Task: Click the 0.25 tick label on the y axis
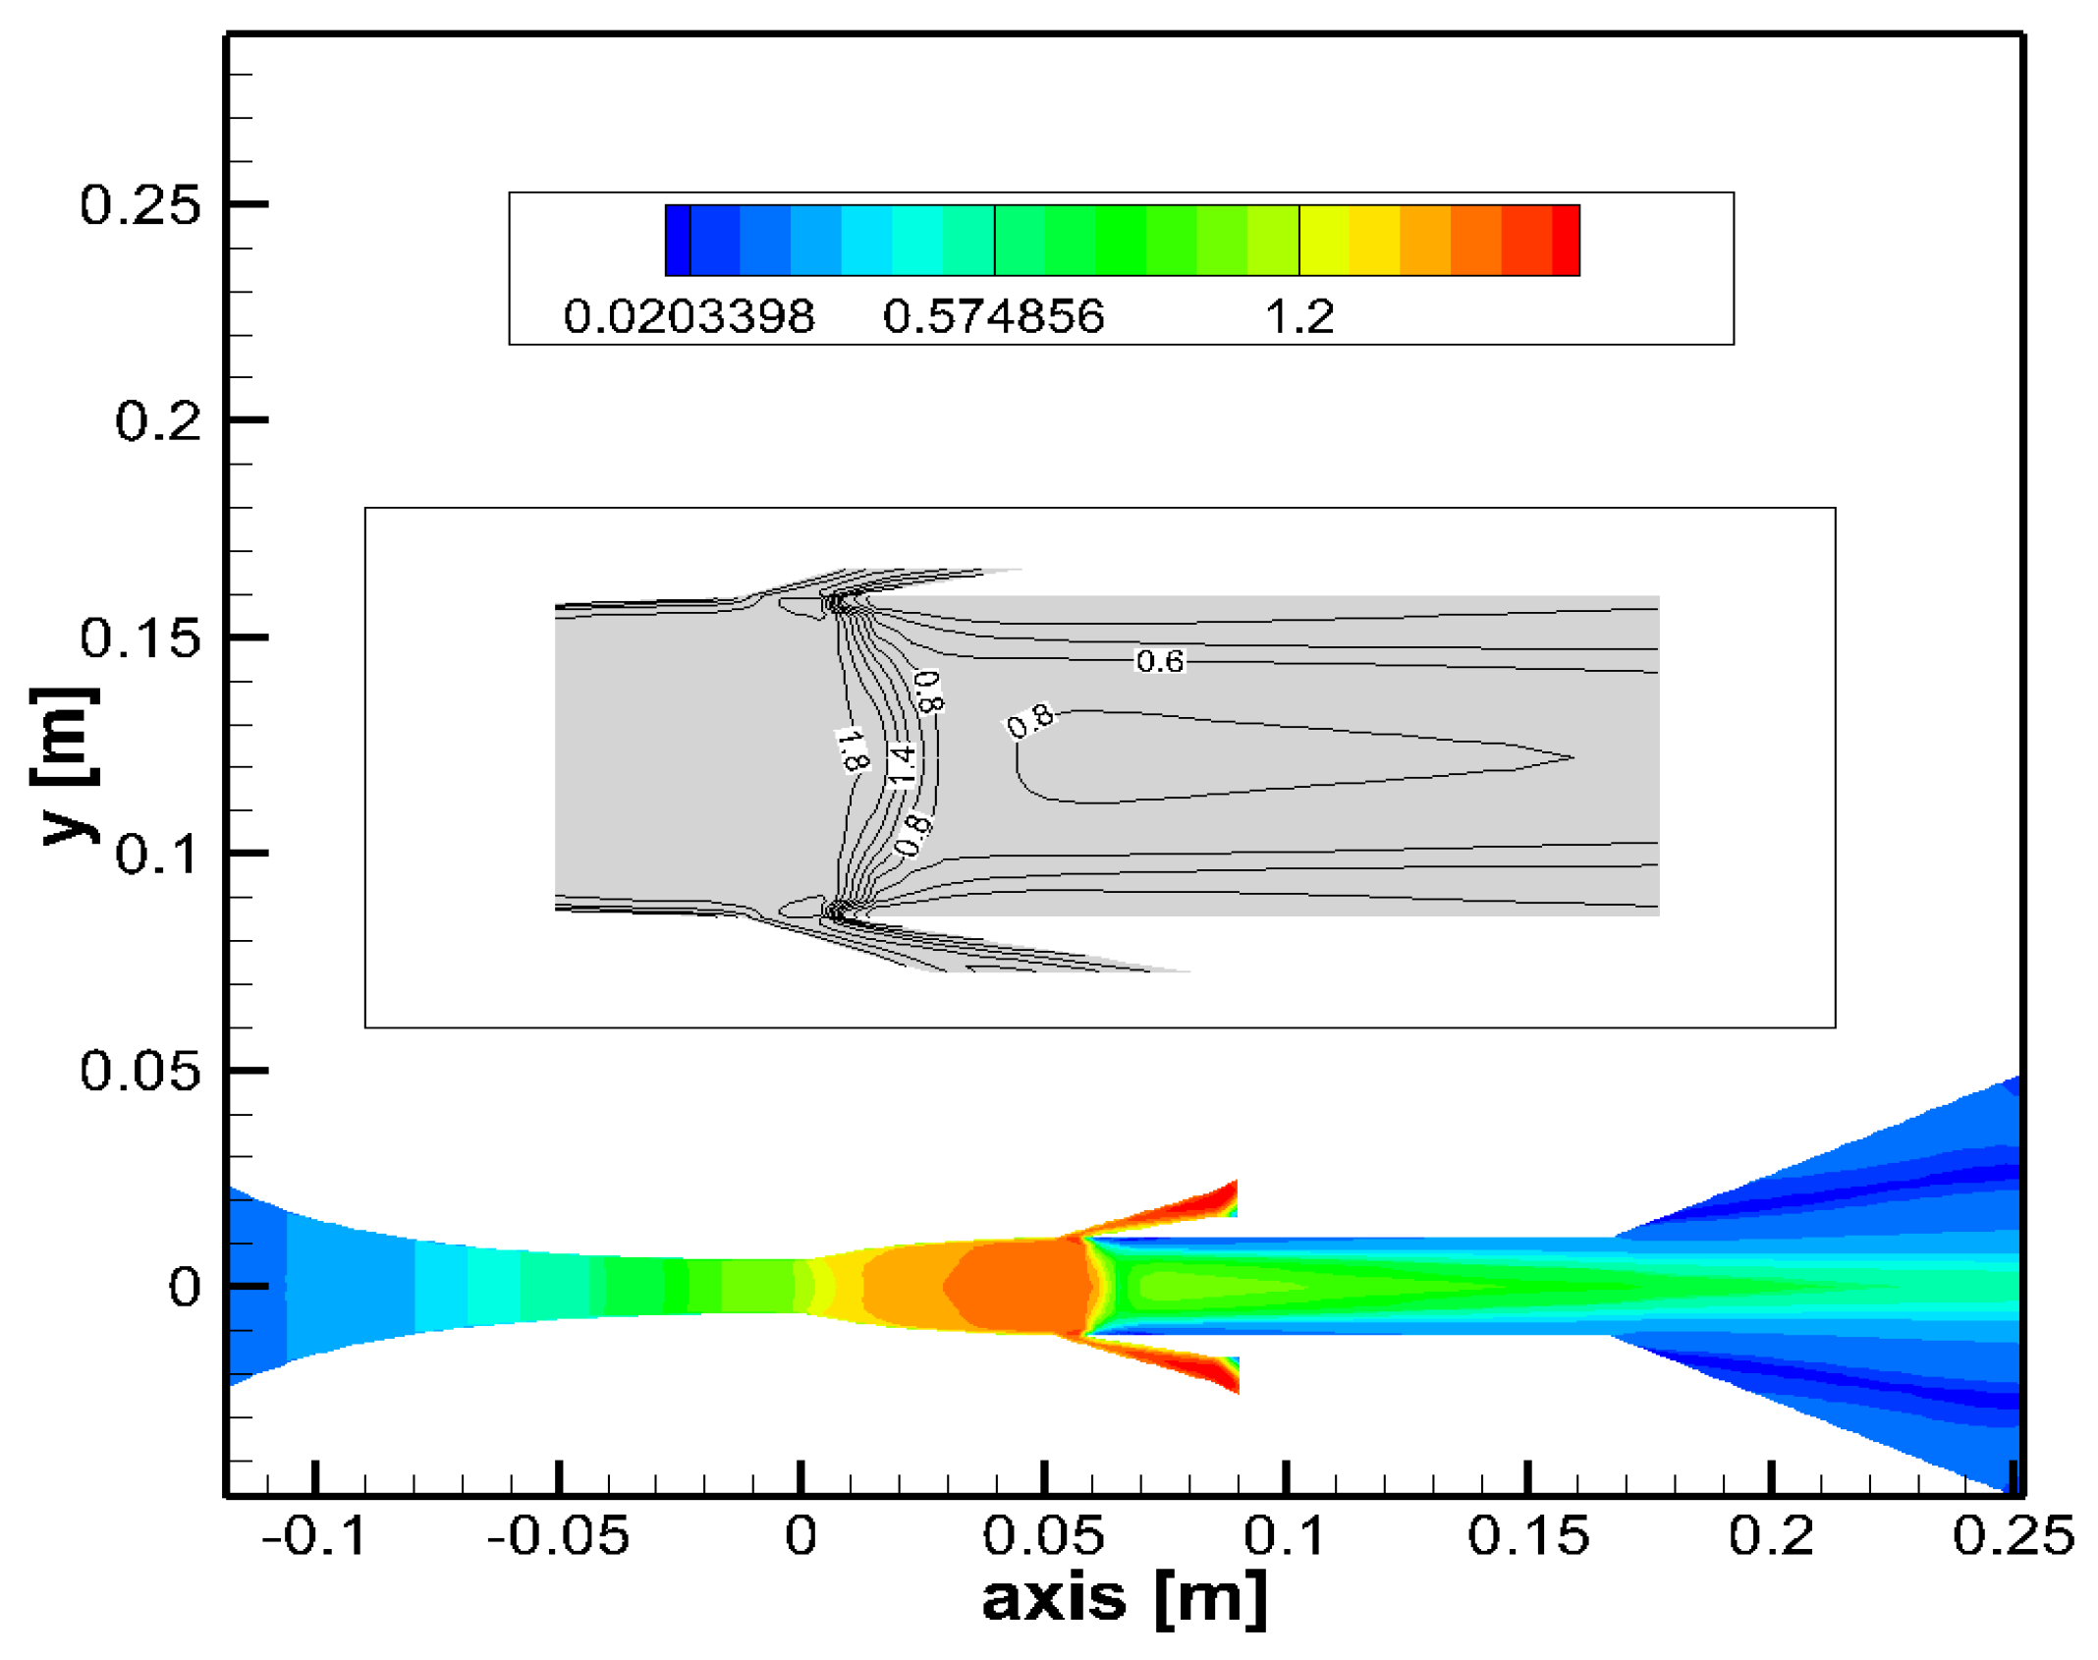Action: tap(139, 205)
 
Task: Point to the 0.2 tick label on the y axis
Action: tap(157, 421)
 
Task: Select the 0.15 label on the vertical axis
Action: tap(139, 638)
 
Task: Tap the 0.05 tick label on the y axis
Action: tap(139, 1071)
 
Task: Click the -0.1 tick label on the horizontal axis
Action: tap(314, 1535)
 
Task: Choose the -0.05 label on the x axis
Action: tap(558, 1535)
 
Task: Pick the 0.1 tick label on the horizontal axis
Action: tap(1285, 1535)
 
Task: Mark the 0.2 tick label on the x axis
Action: tap(1771, 1535)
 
